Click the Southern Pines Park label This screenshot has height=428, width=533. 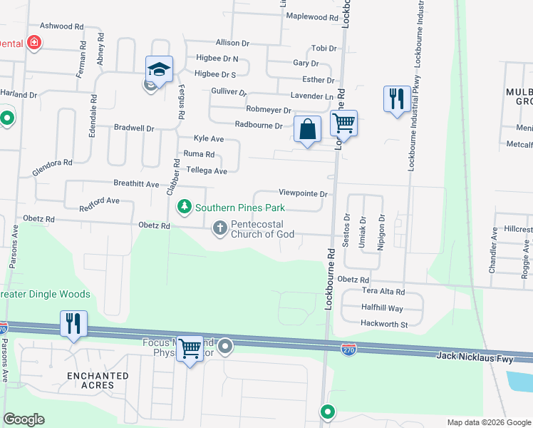tap(240, 208)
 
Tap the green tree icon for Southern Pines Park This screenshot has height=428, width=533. tap(185, 207)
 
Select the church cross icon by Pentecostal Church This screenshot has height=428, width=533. tap(219, 228)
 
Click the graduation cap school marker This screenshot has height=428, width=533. tap(160, 69)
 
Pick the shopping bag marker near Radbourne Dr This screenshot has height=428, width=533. tap(307, 130)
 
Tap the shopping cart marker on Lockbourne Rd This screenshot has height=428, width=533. tap(343, 123)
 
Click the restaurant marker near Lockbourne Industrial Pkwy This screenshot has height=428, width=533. tap(396, 98)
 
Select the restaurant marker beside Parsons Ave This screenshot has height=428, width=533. tap(73, 323)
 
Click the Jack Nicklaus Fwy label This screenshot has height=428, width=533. tap(475, 355)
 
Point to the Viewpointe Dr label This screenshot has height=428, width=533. tap(303, 193)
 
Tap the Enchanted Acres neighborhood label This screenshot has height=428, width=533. tap(98, 379)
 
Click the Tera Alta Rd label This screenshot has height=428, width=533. tap(383, 292)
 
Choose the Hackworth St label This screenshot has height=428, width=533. tap(384, 325)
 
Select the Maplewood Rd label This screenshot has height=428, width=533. tap(311, 16)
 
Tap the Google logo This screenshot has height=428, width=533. tap(24, 419)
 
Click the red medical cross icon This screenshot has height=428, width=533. tap(33, 43)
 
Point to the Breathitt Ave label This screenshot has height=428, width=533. tap(138, 184)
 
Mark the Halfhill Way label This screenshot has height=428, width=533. tap(382, 308)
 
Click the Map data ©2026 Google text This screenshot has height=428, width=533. tap(489, 422)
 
